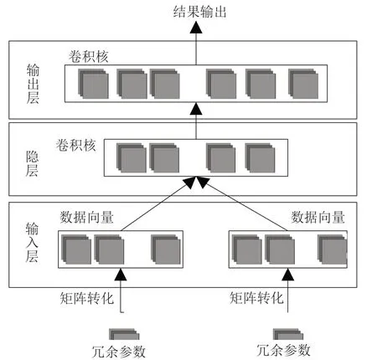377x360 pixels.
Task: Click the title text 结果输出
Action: pyautogui.click(x=199, y=13)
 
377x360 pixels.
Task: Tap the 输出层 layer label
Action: pyautogui.click(x=33, y=84)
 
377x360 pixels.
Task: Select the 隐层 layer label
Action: pyautogui.click(x=32, y=163)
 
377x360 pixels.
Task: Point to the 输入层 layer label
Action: pyautogui.click(x=32, y=242)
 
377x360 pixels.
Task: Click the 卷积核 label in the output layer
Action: pyautogui.click(x=89, y=57)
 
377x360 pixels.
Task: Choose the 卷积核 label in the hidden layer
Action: pyautogui.click(x=76, y=145)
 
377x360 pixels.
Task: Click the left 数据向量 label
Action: pyautogui.click(x=87, y=217)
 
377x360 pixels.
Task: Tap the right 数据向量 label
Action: pyautogui.click(x=318, y=217)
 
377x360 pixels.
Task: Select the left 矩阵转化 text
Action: pyautogui.click(x=87, y=298)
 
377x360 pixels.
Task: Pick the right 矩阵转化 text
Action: pyautogui.click(x=256, y=298)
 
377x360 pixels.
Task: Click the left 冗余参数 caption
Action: pyautogui.click(x=119, y=352)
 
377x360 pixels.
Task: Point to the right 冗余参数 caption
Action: pyautogui.click(x=283, y=350)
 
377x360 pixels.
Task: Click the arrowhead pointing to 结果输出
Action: pyautogui.click(x=196, y=28)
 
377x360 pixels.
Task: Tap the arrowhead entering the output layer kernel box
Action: pyautogui.click(x=196, y=109)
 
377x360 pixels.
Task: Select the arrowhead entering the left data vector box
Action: pyautogui.click(x=121, y=275)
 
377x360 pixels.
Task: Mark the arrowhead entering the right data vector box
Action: pyautogui.click(x=287, y=275)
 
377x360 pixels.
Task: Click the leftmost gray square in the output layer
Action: pyautogui.click(x=93, y=84)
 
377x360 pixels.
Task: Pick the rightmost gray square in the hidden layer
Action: pyautogui.click(x=260, y=157)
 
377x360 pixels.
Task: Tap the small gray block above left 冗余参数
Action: pyautogui.click(x=124, y=334)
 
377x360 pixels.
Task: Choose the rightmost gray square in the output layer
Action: pyautogui.click(x=303, y=84)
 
